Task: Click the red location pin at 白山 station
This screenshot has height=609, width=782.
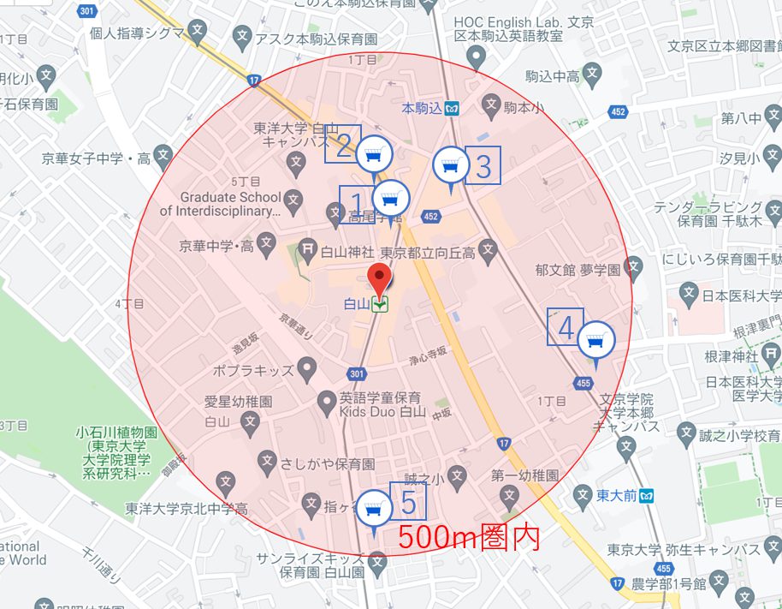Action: pyautogui.click(x=379, y=278)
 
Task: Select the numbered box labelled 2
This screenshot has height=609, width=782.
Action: pyautogui.click(x=343, y=144)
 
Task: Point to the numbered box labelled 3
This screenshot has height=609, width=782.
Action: pyautogui.click(x=483, y=166)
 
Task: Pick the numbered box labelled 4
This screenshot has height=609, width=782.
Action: pyautogui.click(x=566, y=327)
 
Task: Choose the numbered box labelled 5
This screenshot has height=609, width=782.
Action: pyautogui.click(x=408, y=501)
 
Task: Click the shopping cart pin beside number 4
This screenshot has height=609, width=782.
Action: pyautogui.click(x=595, y=342)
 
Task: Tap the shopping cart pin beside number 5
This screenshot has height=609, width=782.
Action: pyautogui.click(x=373, y=509)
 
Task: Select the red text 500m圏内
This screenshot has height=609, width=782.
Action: pyautogui.click(x=469, y=536)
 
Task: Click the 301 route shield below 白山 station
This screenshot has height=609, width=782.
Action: pyautogui.click(x=357, y=374)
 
